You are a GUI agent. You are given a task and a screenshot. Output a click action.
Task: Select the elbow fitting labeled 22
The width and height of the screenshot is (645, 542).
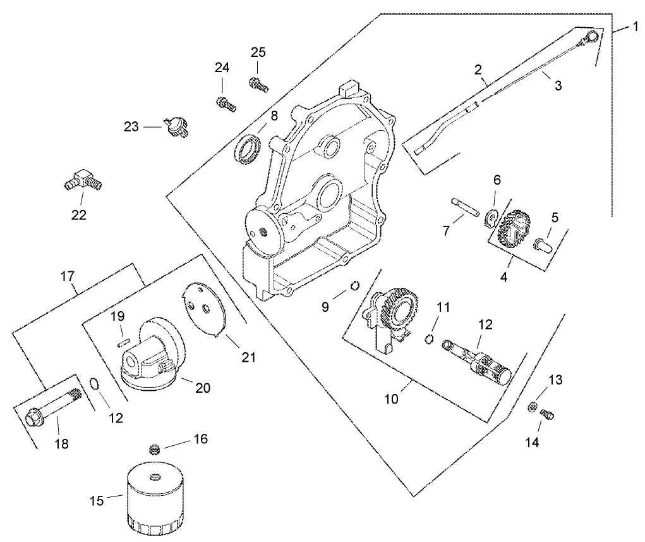pyautogui.click(x=82, y=180)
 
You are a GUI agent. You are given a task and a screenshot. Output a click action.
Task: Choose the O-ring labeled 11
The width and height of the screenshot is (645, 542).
pyautogui.click(x=429, y=339)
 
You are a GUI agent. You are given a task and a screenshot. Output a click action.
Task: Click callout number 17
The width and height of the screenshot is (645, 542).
pyautogui.click(x=68, y=276)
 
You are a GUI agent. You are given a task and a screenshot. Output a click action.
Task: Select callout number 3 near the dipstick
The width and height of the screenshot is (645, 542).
pyautogui.click(x=558, y=86)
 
